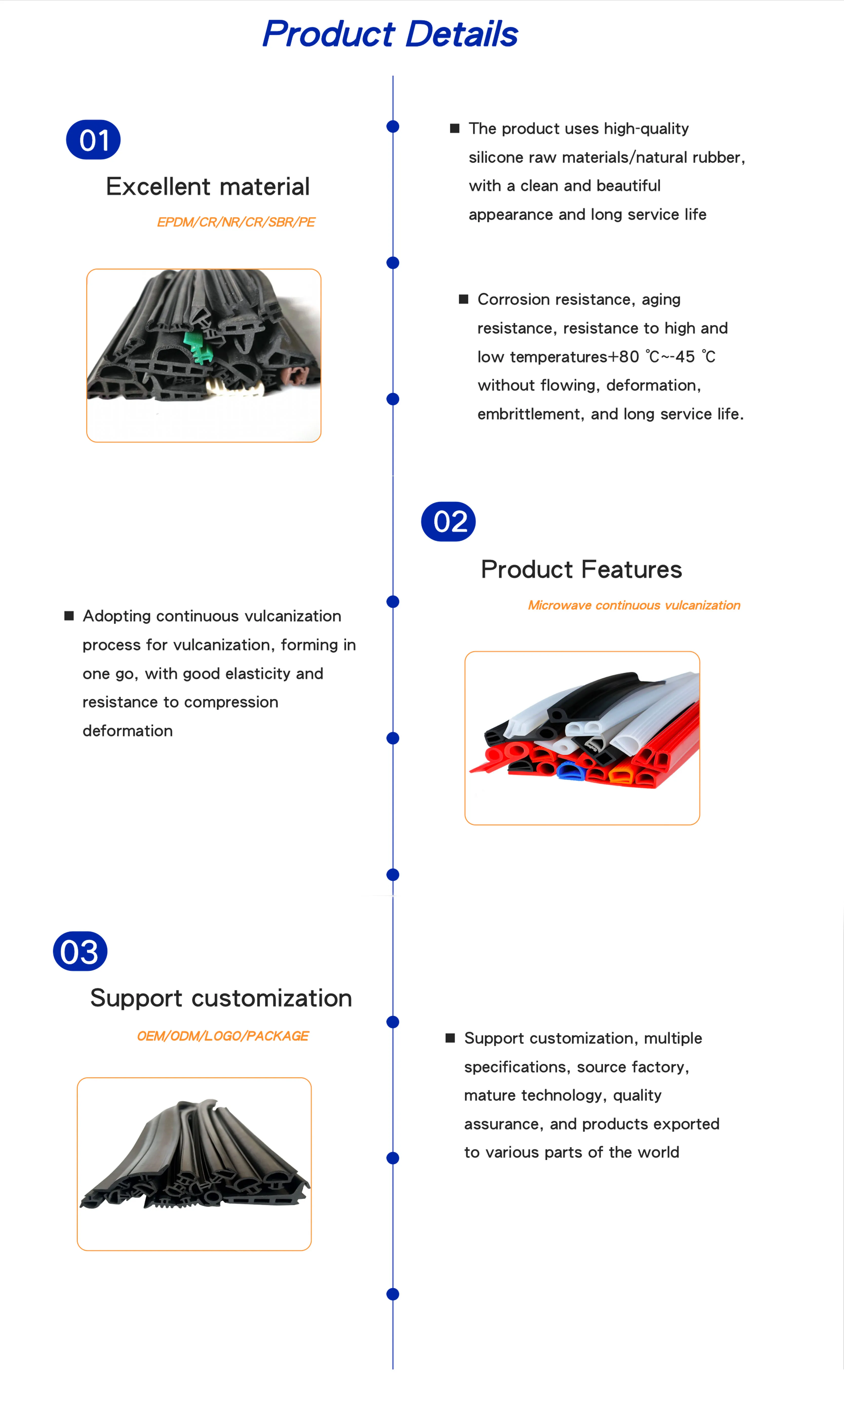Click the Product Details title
(x=390, y=34)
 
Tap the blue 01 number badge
(x=93, y=140)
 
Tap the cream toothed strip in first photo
(x=233, y=388)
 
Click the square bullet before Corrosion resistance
(x=463, y=299)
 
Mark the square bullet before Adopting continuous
(x=69, y=616)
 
